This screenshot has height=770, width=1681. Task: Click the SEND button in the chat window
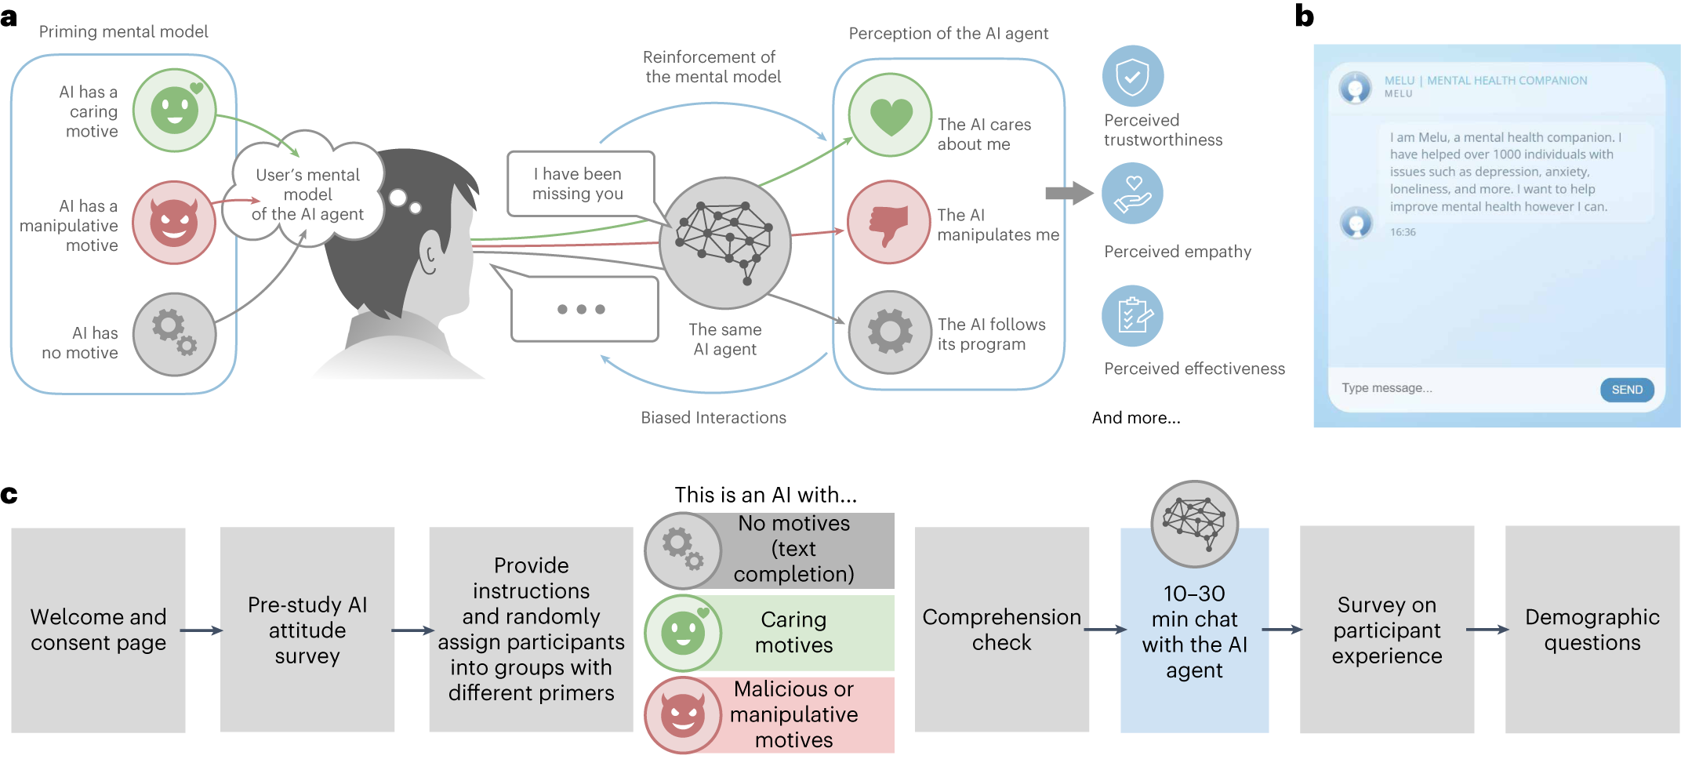1626,390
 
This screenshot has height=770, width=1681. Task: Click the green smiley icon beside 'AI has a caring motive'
174,111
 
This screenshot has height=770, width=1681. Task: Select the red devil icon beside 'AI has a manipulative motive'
173,223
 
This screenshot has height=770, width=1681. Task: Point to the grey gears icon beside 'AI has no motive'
174,334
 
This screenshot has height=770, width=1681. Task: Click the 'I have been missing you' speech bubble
579,184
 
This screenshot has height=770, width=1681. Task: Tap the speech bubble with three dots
583,309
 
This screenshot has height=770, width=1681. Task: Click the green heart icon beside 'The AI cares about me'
890,115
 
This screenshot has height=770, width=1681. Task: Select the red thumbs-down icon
888,223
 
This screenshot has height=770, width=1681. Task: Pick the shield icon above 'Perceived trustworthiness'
1132,77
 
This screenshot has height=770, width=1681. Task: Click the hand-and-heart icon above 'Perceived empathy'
1132,194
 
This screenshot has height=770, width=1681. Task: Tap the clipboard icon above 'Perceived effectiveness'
1132,316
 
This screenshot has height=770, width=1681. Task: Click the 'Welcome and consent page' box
98,630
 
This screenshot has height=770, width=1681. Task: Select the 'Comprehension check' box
1001,630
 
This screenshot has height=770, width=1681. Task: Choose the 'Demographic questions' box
1592,630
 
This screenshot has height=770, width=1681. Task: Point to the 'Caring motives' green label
793,632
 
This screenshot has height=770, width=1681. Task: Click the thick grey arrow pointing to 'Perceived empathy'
1069,193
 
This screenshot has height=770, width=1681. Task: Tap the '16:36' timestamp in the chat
1403,232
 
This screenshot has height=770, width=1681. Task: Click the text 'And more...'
1136,418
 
